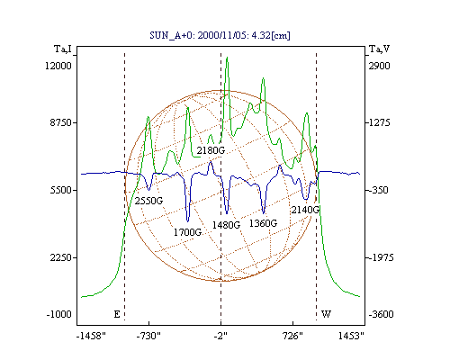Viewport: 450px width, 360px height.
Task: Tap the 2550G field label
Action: coord(148,201)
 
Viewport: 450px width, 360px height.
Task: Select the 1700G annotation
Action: coord(187,232)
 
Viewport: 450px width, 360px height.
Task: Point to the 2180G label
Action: coord(211,150)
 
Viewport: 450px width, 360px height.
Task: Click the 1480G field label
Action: coord(226,225)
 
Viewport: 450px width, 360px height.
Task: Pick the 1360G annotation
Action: coord(263,223)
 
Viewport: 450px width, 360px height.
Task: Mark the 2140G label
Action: coord(305,210)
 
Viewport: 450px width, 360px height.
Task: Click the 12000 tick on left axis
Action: coord(58,66)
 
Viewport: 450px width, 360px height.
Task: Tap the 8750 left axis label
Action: coord(61,122)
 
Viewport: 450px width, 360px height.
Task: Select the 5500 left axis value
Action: coord(61,190)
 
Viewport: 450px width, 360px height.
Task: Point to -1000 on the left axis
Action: coord(59,314)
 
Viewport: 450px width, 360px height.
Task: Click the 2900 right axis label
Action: coord(380,66)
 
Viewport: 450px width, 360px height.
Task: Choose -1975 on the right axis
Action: coord(381,257)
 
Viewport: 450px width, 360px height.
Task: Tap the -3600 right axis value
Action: coord(381,314)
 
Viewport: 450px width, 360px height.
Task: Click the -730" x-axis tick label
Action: coord(148,336)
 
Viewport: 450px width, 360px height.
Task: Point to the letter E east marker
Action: coord(117,314)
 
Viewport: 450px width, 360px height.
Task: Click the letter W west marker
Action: coord(326,314)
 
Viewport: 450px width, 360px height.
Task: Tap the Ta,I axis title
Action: coord(63,49)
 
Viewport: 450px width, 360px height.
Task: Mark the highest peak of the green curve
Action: coord(227,57)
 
